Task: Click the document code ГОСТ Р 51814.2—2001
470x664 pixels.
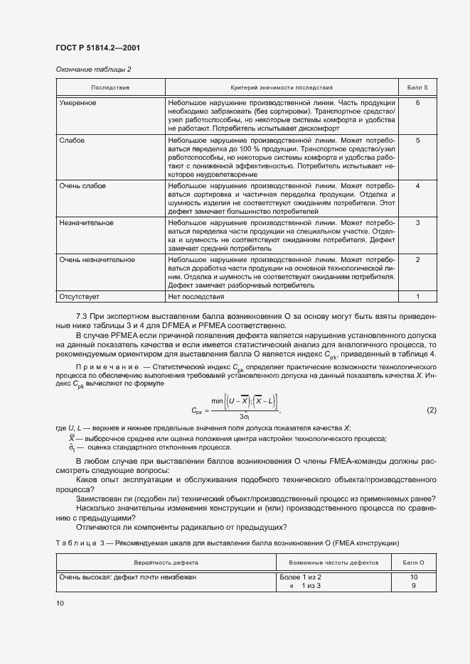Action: (97, 48)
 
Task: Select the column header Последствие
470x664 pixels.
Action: (110, 87)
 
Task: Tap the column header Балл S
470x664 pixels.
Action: (417, 87)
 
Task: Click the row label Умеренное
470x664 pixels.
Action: (78, 103)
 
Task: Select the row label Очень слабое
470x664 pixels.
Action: (82, 186)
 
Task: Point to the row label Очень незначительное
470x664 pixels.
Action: (97, 260)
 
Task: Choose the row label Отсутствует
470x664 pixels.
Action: (79, 296)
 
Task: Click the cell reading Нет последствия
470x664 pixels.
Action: (196, 296)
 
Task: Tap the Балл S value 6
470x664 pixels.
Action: (417, 103)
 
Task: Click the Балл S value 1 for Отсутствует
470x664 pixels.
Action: (417, 296)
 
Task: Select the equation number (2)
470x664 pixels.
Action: (431, 410)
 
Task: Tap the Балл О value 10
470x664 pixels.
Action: (413, 577)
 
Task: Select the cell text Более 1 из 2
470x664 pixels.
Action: (301, 577)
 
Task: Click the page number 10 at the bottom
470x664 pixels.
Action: (60, 603)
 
